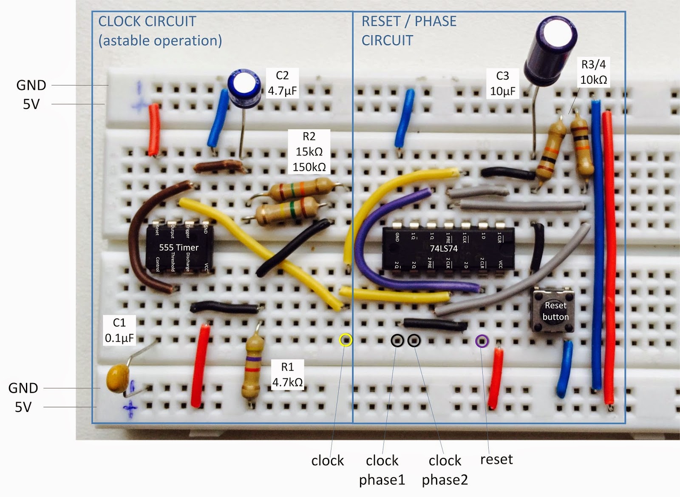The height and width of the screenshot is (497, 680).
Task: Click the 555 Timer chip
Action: click(178, 247)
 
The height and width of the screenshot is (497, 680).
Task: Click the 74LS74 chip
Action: click(448, 249)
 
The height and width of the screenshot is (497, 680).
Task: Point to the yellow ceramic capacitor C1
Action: click(118, 379)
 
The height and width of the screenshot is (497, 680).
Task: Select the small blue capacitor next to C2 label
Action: click(244, 87)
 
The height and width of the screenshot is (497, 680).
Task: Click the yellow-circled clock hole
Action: click(346, 340)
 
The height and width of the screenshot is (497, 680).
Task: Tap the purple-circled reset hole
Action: click(482, 341)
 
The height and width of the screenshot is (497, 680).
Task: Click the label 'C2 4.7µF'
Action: click(282, 83)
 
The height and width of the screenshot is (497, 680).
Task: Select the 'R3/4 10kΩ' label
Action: click(593, 72)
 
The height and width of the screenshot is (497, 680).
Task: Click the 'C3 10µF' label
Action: click(502, 83)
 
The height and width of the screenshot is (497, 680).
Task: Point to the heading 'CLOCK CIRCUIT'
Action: click(147, 21)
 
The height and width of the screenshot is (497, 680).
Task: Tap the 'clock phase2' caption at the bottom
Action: click(445, 470)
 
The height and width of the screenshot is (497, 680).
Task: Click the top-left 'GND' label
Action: click(31, 85)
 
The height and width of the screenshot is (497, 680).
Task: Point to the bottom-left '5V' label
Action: click(23, 407)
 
